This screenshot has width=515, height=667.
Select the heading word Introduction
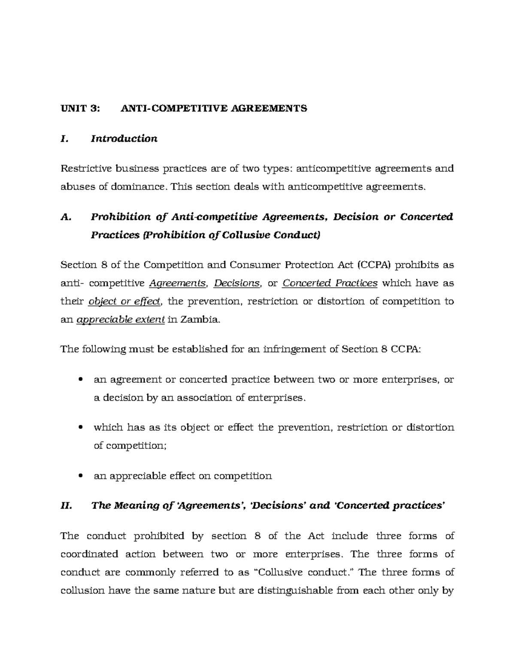(x=124, y=139)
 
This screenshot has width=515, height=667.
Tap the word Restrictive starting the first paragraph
(x=85, y=168)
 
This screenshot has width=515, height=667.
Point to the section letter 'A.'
(x=65, y=217)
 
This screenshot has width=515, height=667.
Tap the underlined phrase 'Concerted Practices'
(x=330, y=283)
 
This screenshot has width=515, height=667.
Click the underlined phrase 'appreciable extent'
(x=120, y=320)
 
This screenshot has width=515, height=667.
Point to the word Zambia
(x=200, y=320)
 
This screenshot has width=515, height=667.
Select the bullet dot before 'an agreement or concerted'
(x=81, y=380)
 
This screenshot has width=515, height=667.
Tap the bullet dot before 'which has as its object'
(x=81, y=428)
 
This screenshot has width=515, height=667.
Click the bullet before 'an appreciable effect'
(x=81, y=476)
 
